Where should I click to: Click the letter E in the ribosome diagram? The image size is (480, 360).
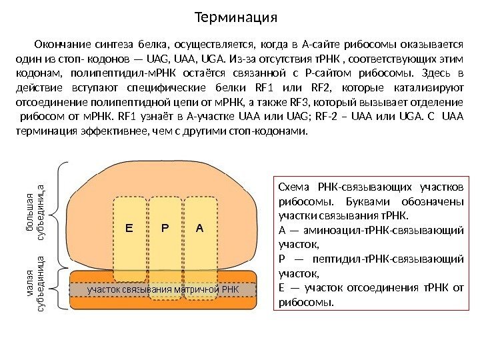(x=129, y=228)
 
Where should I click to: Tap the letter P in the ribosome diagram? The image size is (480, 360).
(x=165, y=228)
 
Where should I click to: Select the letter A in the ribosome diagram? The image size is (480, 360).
(x=199, y=228)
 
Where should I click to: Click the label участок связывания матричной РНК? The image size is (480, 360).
(x=163, y=290)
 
